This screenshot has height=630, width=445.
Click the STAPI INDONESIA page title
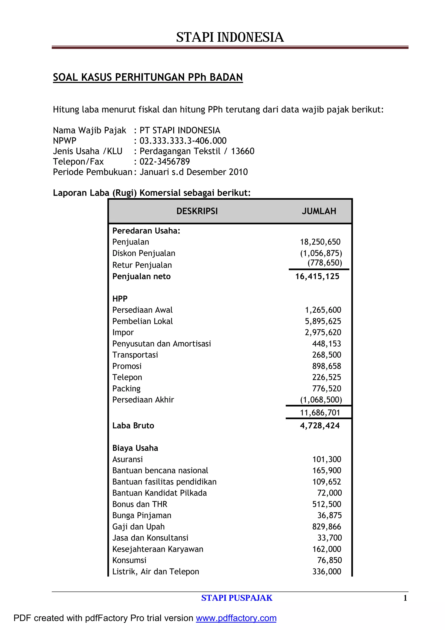click(230, 37)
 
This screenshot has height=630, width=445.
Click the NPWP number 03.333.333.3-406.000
click(183, 141)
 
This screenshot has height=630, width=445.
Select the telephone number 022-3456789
click(164, 162)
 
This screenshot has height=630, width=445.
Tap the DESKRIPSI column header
click(197, 211)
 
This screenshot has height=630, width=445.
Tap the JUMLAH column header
click(319, 211)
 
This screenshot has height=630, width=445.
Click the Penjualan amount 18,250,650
click(320, 242)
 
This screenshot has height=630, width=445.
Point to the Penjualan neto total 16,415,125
click(317, 277)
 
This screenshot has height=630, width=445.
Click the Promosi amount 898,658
click(327, 366)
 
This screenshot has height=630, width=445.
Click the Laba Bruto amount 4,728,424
click(320, 426)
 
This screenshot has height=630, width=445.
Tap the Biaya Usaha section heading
click(135, 448)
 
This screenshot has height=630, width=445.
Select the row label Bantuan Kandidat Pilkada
click(159, 493)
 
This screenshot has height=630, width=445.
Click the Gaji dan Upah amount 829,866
click(327, 527)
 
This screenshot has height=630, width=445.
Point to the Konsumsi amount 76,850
click(329, 560)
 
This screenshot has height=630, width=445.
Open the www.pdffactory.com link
click(236, 618)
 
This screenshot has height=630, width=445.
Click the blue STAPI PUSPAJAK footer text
click(237, 598)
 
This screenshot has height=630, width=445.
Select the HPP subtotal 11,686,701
click(320, 413)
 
